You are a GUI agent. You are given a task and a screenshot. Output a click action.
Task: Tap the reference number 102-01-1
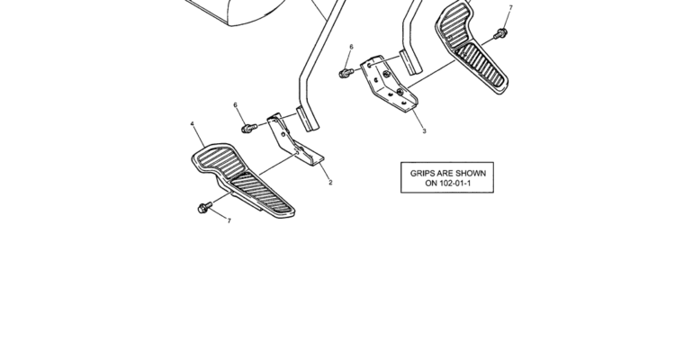(x=455, y=183)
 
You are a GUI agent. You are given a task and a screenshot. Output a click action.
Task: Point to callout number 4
(x=192, y=124)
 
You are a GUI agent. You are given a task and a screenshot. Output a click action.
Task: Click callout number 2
(x=330, y=183)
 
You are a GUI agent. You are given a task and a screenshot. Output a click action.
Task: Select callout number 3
(x=424, y=130)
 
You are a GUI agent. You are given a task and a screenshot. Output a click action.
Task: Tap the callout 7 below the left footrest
(x=229, y=220)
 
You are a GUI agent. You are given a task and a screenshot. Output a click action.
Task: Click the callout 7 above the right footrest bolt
(x=510, y=8)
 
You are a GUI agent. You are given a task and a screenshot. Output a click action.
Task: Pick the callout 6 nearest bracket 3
(x=351, y=47)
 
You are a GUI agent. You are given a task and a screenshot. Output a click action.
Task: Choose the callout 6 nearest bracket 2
(x=235, y=105)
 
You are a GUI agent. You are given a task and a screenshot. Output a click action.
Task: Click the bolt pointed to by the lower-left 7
(x=204, y=208)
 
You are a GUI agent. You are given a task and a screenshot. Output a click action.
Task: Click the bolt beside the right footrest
(x=500, y=33)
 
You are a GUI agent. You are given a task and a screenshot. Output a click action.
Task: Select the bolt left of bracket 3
(x=346, y=73)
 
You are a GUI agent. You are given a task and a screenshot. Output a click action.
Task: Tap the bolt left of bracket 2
(x=249, y=128)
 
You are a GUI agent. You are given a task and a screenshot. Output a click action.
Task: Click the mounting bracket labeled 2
(x=292, y=140)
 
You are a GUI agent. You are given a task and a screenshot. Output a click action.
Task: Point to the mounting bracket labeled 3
(x=387, y=84)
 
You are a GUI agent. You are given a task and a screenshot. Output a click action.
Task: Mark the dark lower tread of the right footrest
(x=481, y=65)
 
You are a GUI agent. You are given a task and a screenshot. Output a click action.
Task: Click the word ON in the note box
(x=431, y=183)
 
